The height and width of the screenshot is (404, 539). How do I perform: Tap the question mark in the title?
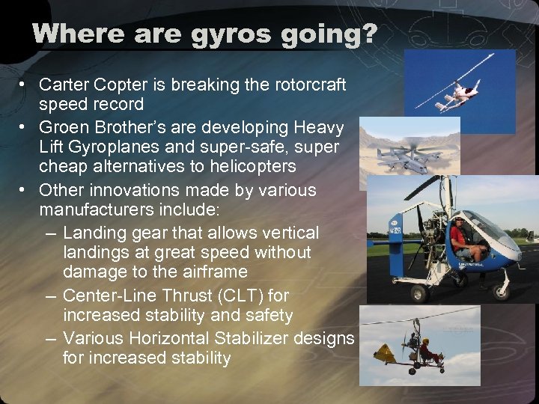point(369,34)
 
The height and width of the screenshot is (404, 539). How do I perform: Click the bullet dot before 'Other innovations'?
point(25,191)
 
